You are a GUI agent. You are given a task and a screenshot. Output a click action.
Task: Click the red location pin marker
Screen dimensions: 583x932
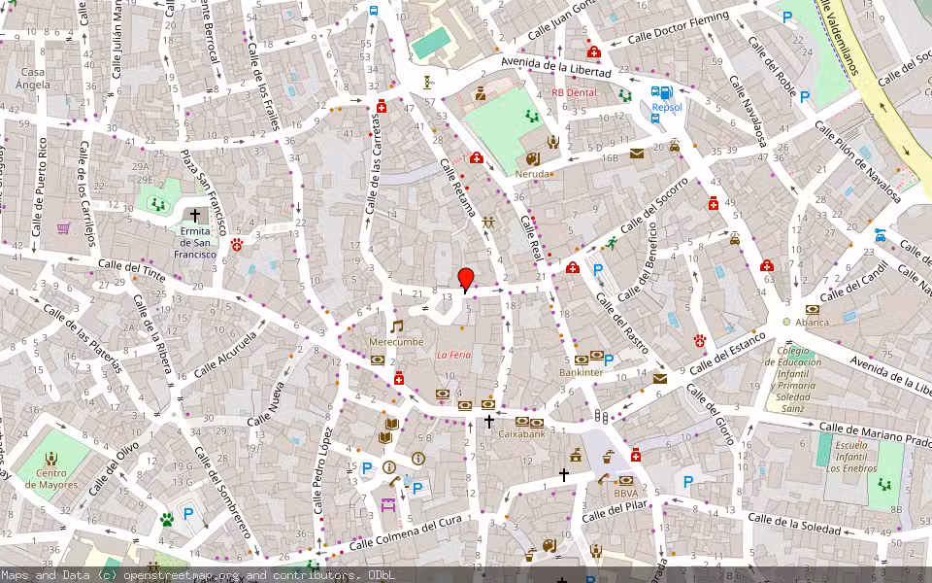click(x=466, y=278)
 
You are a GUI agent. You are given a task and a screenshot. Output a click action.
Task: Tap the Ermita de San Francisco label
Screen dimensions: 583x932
click(x=194, y=242)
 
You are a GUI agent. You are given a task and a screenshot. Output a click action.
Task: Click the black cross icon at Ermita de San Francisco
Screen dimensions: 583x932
click(x=195, y=215)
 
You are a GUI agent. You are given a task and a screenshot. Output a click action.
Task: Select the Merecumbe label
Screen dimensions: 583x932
click(x=396, y=342)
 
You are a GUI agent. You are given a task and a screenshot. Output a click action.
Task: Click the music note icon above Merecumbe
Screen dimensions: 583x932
click(x=396, y=326)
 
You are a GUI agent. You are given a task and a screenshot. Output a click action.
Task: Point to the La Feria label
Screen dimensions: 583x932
click(x=453, y=355)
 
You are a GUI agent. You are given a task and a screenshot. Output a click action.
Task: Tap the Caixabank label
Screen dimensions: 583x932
click(x=521, y=434)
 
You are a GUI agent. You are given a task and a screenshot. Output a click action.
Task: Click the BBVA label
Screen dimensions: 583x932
click(x=625, y=493)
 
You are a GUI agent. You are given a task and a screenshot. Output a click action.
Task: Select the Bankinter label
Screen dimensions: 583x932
click(x=582, y=372)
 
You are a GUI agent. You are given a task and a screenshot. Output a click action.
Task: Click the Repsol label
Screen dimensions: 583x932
click(x=667, y=107)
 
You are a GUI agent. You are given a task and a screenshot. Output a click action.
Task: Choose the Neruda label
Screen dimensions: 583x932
click(x=534, y=175)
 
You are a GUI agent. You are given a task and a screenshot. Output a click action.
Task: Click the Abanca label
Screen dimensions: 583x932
click(x=812, y=322)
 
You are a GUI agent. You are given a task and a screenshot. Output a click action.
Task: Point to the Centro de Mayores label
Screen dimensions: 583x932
click(x=51, y=478)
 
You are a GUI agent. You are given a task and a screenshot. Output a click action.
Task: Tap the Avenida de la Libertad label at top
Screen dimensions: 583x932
click(x=555, y=67)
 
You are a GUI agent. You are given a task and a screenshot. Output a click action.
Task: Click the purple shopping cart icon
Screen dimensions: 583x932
click(x=63, y=228)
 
